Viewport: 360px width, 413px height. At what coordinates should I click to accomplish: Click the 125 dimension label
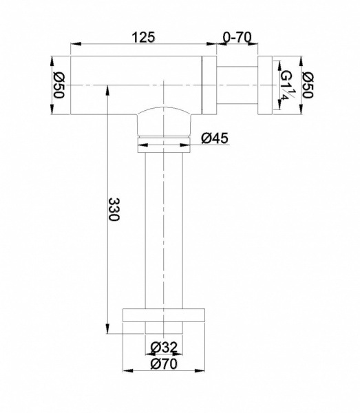click(144, 37)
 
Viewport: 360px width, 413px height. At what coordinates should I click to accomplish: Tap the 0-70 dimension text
click(237, 37)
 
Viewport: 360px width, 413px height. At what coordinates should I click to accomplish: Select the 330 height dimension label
click(114, 209)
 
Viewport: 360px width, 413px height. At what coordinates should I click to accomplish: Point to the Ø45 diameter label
click(215, 138)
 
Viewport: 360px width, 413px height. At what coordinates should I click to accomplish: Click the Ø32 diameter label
click(164, 347)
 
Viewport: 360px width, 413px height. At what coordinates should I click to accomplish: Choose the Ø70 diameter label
click(164, 364)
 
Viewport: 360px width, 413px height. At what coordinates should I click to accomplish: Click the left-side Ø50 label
click(59, 85)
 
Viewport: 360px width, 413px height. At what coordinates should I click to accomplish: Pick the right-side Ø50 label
click(308, 85)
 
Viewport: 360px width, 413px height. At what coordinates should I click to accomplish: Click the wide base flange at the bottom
click(164, 315)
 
